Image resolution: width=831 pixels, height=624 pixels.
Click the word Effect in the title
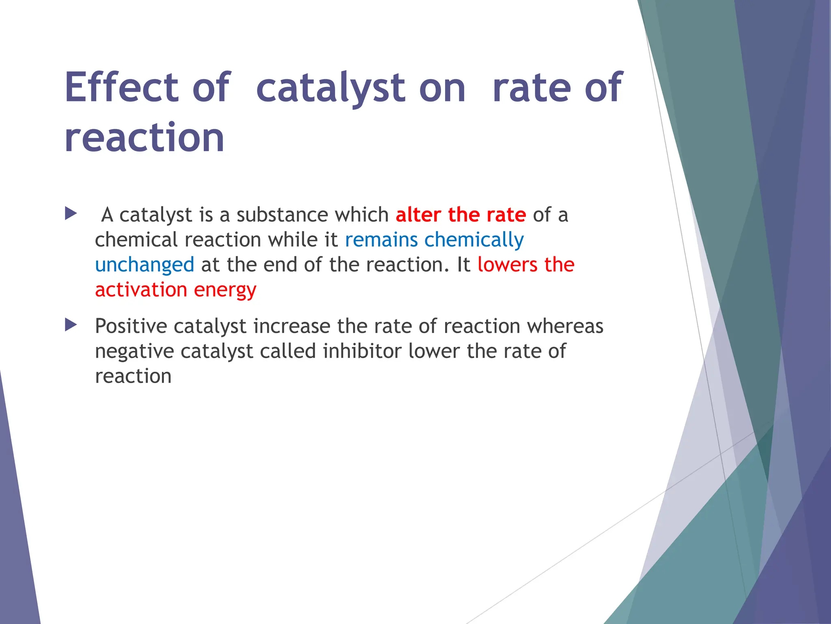(121, 87)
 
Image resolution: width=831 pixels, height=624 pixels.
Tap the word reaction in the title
(144, 139)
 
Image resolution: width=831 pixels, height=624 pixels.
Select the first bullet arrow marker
(71, 213)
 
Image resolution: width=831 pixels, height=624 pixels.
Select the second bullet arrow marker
(71, 325)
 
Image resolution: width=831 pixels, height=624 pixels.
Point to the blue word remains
(381, 240)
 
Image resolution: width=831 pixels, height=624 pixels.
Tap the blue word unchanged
(144, 265)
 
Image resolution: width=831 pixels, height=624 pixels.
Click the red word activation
(141, 290)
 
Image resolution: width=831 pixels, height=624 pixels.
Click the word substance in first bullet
(282, 214)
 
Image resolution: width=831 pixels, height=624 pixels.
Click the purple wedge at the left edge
(16, 528)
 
